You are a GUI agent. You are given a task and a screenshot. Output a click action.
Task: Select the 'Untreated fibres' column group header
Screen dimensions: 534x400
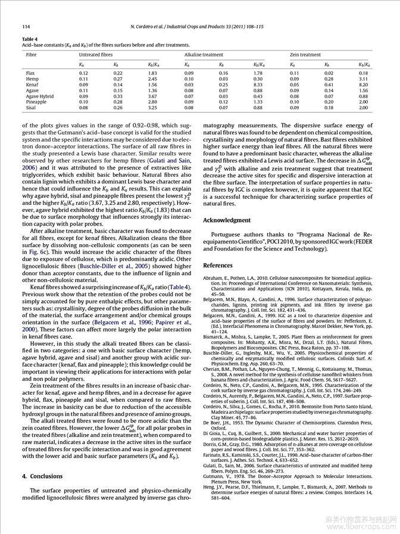[96, 55]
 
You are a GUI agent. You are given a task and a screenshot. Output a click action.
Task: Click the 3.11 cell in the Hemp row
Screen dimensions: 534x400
[364, 79]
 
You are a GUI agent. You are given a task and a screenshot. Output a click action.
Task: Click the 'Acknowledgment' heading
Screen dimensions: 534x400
[227, 220]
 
